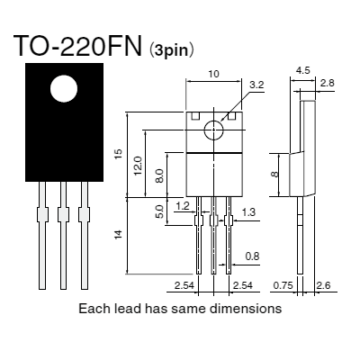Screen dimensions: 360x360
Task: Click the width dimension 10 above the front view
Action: [x=214, y=73]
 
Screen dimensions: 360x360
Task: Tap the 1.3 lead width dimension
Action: [x=249, y=211]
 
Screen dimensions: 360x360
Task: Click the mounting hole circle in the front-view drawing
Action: [x=214, y=130]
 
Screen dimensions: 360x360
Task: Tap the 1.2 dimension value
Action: [x=183, y=205]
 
